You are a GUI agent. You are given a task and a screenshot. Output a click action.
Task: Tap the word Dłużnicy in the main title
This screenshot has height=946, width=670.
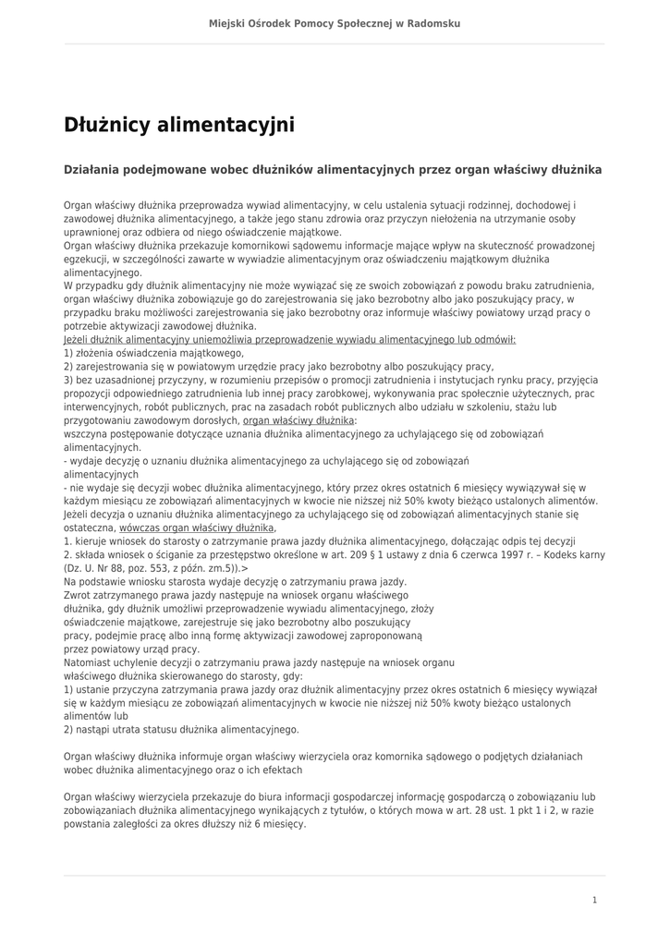pyautogui.click(x=105, y=125)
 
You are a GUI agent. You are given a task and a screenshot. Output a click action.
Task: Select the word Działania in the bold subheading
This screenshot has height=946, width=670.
pyautogui.click(x=94, y=170)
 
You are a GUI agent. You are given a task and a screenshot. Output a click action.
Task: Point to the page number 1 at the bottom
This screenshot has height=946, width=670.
pyautogui.click(x=594, y=900)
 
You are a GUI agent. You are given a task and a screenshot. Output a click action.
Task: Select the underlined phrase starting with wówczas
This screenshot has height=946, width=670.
pyautogui.click(x=197, y=528)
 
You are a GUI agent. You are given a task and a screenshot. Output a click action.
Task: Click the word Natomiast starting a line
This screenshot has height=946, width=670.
pyautogui.click(x=91, y=663)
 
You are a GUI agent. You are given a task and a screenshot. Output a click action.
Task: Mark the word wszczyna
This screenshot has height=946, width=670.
pyautogui.click(x=86, y=433)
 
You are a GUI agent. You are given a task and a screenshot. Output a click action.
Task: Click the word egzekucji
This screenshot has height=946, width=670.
pyautogui.click(x=85, y=260)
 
